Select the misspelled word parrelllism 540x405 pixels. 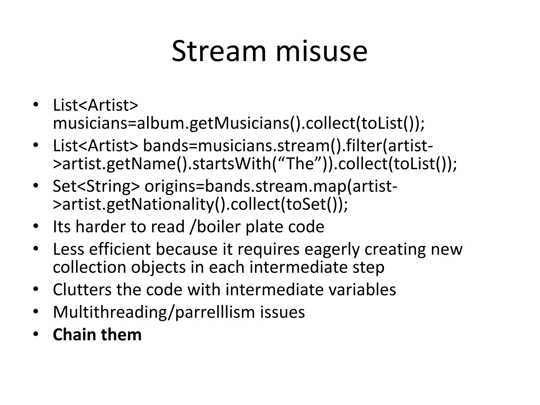215,312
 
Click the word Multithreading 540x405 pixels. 111,312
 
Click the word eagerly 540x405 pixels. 332,249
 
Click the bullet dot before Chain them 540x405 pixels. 36,334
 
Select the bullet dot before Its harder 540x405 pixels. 36,226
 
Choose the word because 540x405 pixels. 186,249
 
